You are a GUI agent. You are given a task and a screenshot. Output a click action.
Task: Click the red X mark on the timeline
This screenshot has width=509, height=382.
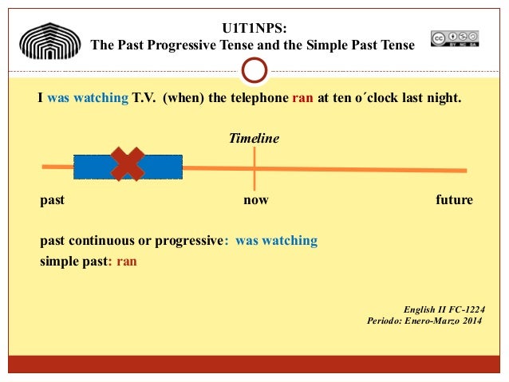[x=128, y=164]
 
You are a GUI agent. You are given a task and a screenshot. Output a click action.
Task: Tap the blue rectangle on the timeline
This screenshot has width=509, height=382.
[x=164, y=167]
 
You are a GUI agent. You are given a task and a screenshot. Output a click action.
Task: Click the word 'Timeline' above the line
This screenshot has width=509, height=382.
[x=254, y=138]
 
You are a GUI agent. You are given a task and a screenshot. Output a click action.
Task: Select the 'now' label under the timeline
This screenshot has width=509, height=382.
[x=255, y=200]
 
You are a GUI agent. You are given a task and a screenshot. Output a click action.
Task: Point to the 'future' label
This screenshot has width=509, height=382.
[x=454, y=200]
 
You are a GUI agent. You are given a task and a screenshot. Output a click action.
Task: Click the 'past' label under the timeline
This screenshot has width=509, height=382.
[x=52, y=200]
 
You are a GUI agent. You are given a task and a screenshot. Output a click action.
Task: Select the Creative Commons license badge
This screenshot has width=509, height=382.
[x=455, y=38]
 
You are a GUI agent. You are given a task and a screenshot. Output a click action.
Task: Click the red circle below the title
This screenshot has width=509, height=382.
[x=254, y=71]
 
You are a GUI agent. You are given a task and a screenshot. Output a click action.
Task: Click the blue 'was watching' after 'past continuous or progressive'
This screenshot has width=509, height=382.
[x=276, y=241]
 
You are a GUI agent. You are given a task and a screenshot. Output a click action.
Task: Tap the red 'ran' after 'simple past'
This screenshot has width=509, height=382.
[x=127, y=260]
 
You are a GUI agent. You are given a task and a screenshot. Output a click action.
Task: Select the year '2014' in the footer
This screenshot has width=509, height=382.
[x=469, y=321]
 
